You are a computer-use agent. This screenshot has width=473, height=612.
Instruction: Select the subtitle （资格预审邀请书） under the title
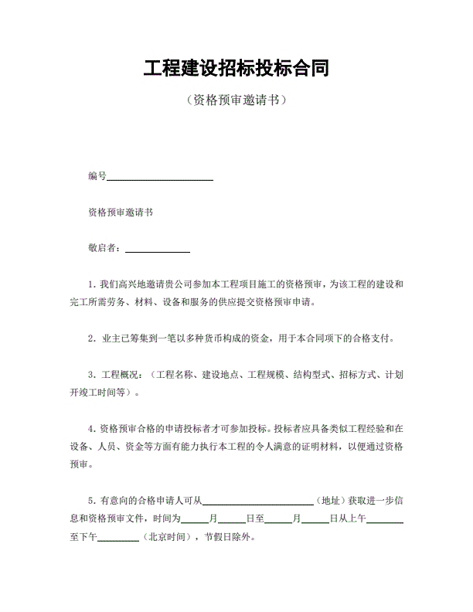[x=236, y=100]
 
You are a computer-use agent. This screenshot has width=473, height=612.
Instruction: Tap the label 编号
[x=97, y=176]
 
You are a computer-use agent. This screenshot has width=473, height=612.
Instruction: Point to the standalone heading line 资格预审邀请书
[x=120, y=212]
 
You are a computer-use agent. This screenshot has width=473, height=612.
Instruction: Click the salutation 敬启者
[x=104, y=248]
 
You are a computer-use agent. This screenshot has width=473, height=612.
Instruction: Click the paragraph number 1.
[x=92, y=284]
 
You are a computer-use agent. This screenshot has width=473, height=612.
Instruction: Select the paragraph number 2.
[x=92, y=338]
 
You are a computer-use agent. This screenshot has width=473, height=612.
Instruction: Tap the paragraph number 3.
[x=92, y=375]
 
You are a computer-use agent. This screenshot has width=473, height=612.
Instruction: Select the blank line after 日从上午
[x=384, y=521]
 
